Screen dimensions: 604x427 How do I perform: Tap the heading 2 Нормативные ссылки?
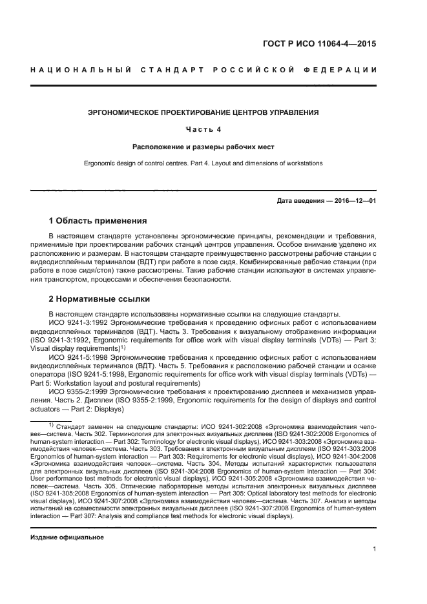pyautogui.click(x=99, y=299)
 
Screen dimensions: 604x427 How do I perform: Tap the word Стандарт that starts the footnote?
pyautogui.click(x=72, y=427)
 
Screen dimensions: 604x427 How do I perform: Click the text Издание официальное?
pyautogui.click(x=67, y=537)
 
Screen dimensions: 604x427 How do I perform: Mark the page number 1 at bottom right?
pyautogui.click(x=374, y=550)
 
